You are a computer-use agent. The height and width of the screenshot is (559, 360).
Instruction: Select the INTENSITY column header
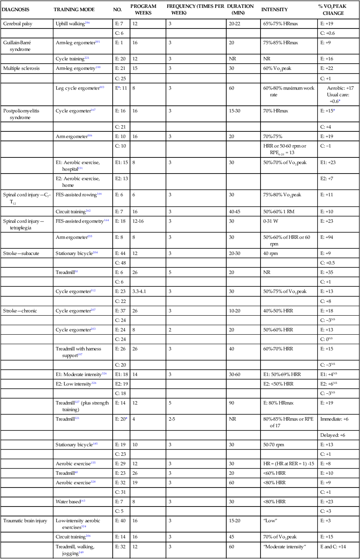pos(275,9)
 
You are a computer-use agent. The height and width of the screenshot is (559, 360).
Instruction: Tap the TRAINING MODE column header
pos(74,9)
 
